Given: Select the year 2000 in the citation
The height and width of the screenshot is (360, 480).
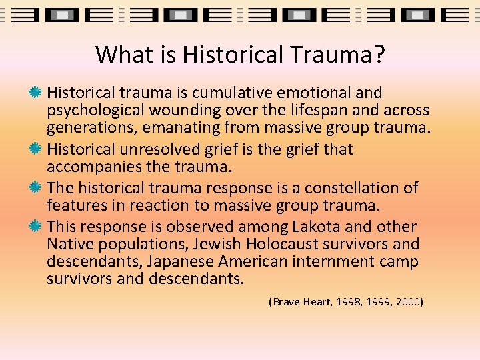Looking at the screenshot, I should pyautogui.click(x=407, y=302).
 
